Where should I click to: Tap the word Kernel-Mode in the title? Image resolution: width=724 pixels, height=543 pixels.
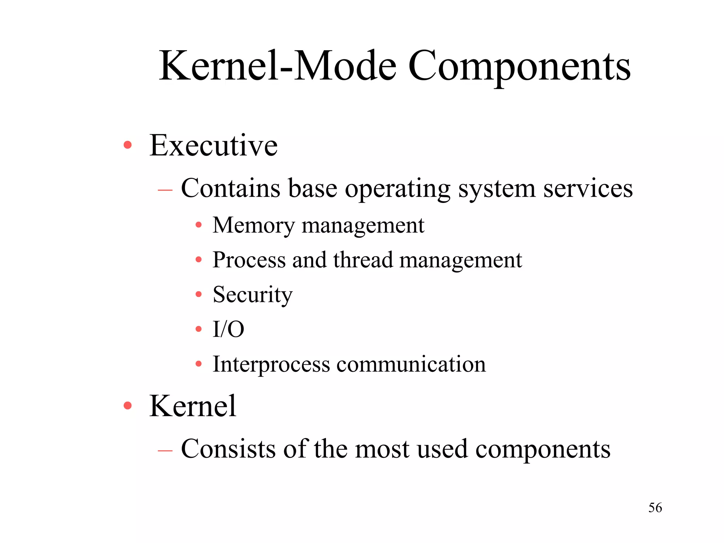coord(278,66)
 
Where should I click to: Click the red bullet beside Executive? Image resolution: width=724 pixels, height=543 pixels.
coord(128,145)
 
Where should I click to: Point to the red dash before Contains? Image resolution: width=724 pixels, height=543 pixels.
coord(165,190)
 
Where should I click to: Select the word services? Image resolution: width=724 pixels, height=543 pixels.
coord(588,188)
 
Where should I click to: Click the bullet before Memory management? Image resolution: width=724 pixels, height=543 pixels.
coord(199,225)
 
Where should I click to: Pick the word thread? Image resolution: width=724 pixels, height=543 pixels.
coord(363,260)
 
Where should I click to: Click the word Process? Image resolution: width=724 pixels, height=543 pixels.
coord(249,260)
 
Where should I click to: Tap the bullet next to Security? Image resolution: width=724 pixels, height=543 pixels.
coord(199,294)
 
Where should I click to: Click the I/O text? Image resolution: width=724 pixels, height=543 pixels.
coord(228,329)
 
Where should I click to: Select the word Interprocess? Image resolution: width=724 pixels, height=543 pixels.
coord(271,364)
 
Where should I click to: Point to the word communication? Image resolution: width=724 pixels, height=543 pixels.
coord(411,364)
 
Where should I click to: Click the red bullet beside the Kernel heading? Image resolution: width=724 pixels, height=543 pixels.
coord(128,406)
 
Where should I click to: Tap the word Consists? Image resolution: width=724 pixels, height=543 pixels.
coord(228,449)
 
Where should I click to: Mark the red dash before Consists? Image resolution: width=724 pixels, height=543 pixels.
coord(165,450)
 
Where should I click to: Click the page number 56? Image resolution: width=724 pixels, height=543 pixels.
coord(655,508)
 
